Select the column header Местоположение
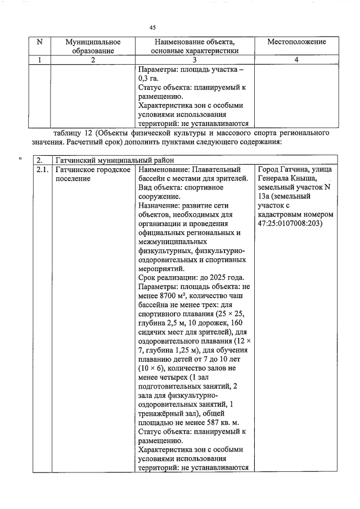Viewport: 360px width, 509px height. click(x=296, y=42)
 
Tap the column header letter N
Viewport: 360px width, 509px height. click(x=39, y=42)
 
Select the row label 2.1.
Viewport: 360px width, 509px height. click(x=42, y=169)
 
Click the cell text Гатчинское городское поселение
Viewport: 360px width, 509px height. click(x=93, y=173)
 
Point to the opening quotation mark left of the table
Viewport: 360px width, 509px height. click(x=21, y=160)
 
